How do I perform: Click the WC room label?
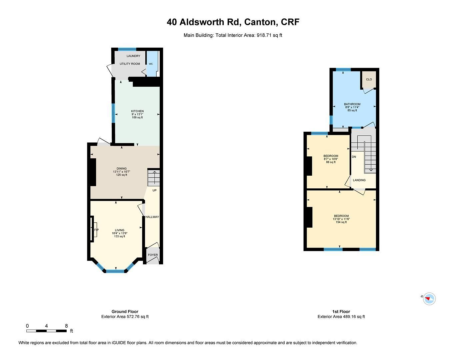[151, 64]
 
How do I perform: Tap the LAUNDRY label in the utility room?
[133, 56]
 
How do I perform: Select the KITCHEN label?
[137, 111]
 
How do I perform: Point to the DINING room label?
[121, 169]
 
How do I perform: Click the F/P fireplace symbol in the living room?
[96, 230]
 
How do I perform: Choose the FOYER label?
[153, 255]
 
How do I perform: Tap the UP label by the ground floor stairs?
[154, 190]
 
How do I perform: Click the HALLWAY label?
[152, 217]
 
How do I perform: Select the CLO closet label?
[369, 79]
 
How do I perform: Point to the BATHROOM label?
[352, 104]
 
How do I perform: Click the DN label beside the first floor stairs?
[354, 157]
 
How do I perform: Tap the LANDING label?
[359, 180]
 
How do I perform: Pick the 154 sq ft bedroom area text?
[341, 222]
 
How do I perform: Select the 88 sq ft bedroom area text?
[331, 162]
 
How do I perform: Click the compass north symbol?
[429, 298]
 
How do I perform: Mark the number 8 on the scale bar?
[66, 326]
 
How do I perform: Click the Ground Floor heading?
[125, 312]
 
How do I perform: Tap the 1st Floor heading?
[341, 312]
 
